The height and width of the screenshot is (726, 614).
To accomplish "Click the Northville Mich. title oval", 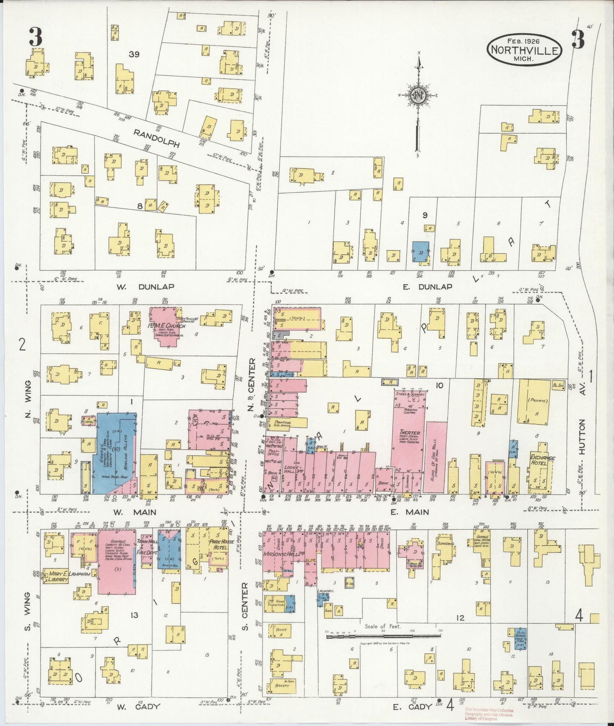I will [525, 50].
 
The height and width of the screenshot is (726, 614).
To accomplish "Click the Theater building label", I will [410, 434].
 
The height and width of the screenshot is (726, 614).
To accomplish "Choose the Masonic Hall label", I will [279, 555].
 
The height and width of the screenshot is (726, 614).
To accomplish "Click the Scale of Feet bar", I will [384, 636].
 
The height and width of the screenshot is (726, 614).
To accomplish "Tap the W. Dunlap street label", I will [145, 287].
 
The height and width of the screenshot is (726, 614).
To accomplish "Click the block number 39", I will [134, 55].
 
